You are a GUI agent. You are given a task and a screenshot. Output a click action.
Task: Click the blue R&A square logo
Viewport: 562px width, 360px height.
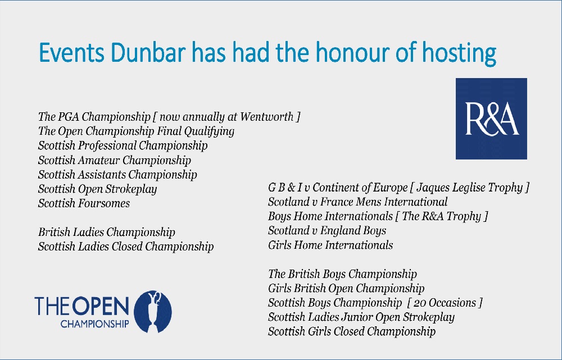[x=491, y=119]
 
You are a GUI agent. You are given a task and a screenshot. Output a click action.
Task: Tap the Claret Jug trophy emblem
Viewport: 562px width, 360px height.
[x=153, y=312]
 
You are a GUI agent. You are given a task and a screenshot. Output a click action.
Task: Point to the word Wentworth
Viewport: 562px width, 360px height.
[x=266, y=117]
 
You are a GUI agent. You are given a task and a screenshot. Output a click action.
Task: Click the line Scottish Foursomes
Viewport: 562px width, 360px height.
[x=84, y=203]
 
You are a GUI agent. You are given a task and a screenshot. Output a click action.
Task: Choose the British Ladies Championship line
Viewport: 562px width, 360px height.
[x=106, y=232]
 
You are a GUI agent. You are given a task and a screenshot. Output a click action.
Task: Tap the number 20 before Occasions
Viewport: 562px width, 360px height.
[x=420, y=303]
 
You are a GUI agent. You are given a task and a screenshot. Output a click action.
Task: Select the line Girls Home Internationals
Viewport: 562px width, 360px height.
[x=330, y=245]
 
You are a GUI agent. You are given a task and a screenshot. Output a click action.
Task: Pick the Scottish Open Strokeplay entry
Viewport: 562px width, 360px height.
[x=97, y=189]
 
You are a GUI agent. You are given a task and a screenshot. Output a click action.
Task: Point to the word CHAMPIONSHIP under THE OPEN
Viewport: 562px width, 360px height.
[x=94, y=324]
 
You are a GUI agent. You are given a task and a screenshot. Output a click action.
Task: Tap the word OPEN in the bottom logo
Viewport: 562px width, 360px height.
[x=101, y=306]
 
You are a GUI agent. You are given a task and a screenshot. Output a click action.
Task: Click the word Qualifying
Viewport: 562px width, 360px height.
[x=209, y=131]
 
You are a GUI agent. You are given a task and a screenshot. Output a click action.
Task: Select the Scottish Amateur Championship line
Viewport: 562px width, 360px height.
[x=114, y=160]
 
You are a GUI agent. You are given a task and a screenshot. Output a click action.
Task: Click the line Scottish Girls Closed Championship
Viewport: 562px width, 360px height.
[x=352, y=331]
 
